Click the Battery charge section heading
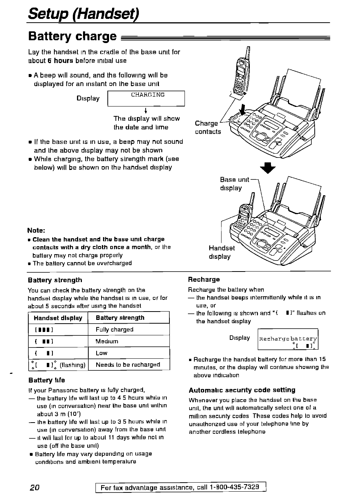coord(72,36)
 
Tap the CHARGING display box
coord(147,98)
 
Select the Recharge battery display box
coord(288,339)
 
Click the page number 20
coord(34,487)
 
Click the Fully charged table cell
coord(128,329)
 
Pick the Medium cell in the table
coord(128,341)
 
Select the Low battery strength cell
coord(128,353)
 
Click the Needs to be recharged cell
coord(128,365)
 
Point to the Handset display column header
coord(58,318)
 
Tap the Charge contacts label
coord(208,128)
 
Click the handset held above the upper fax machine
coord(241,76)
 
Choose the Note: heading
coord(36,230)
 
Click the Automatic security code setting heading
coord(242,390)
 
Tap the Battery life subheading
coord(46,380)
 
